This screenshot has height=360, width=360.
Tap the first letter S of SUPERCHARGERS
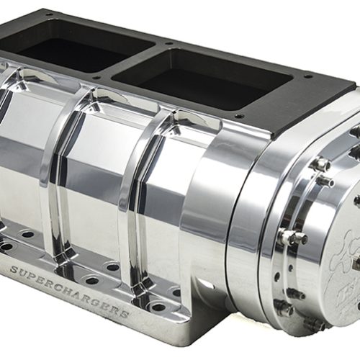[x=14, y=270]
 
